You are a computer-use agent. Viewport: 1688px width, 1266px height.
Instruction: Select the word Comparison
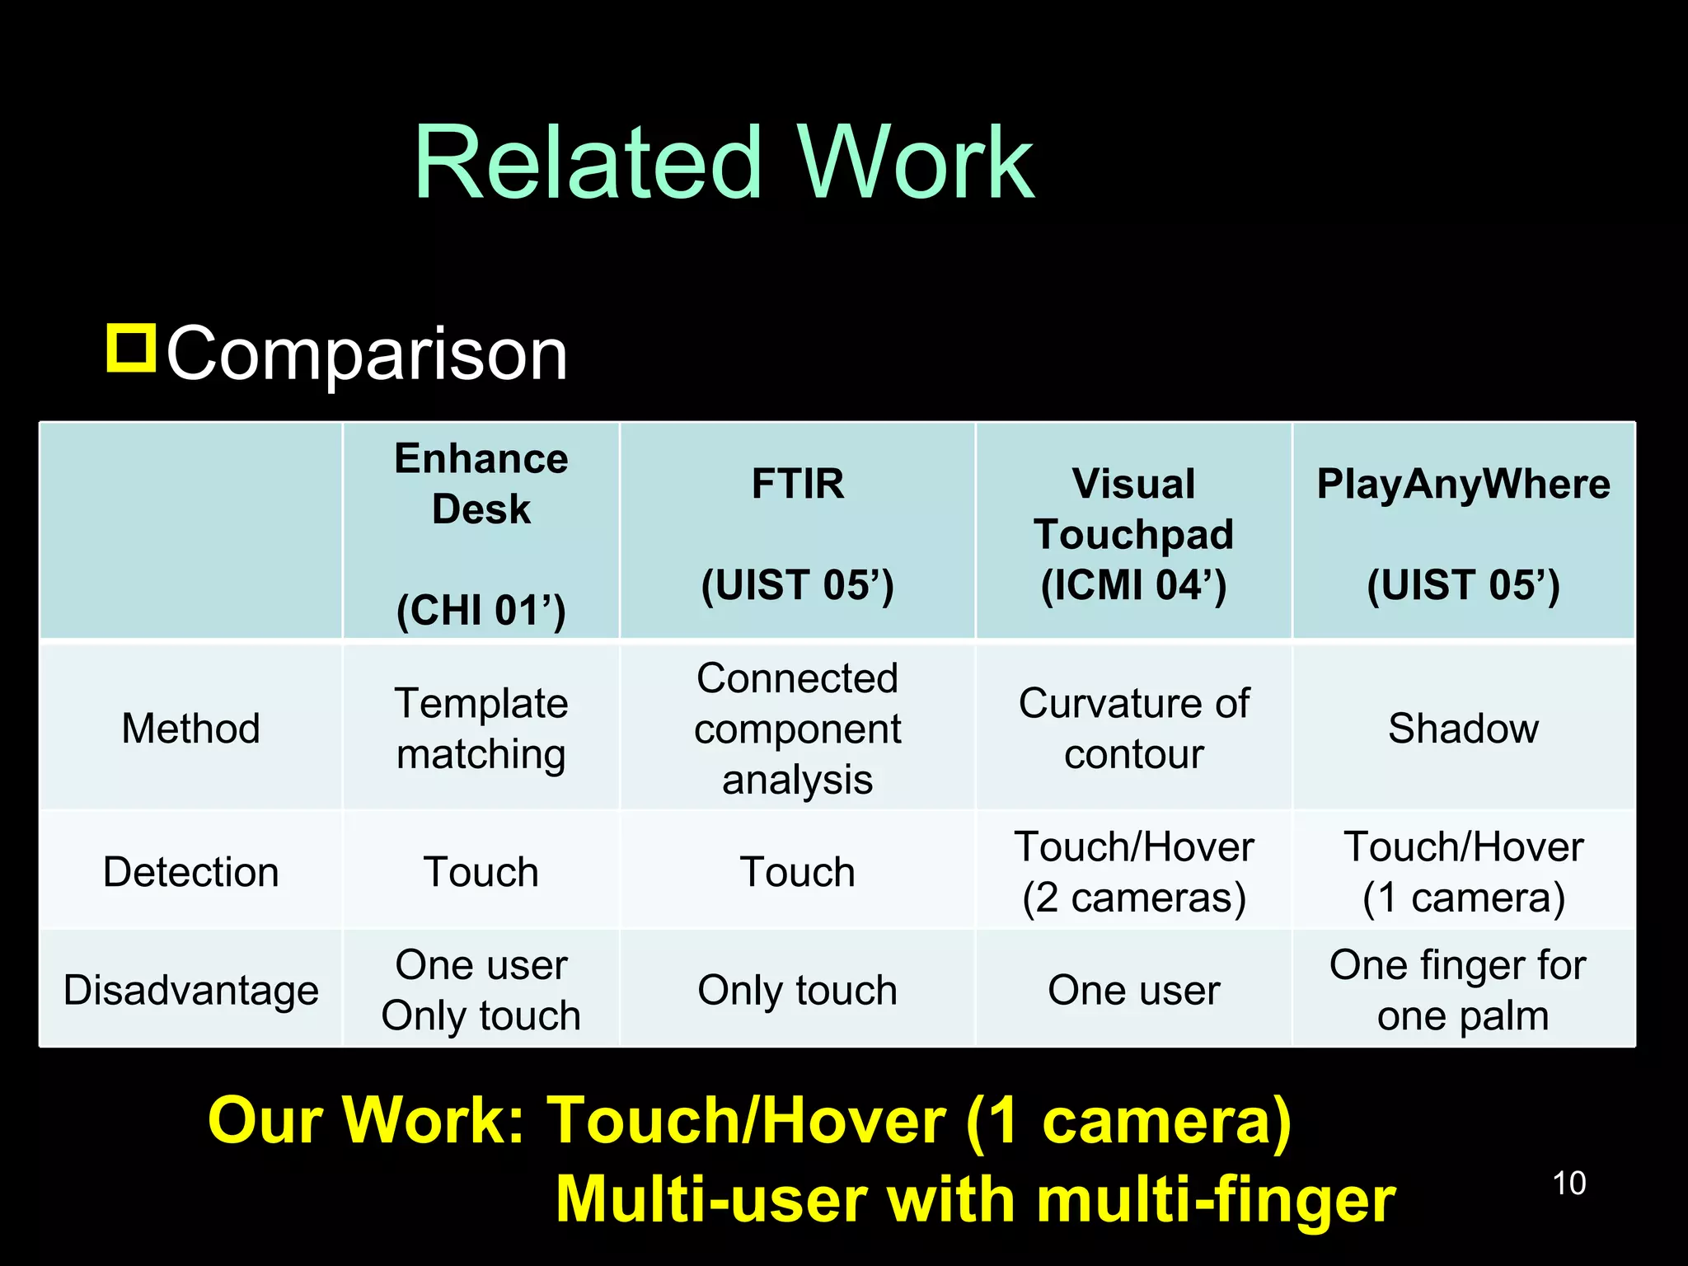[367, 354]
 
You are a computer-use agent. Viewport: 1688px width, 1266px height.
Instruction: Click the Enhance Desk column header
[481, 532]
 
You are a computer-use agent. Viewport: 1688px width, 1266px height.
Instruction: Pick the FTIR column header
[797, 532]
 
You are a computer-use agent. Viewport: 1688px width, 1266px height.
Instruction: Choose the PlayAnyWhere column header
[1463, 532]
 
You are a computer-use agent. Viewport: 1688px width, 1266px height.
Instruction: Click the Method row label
[190, 729]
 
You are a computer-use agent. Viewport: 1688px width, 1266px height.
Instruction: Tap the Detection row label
[190, 872]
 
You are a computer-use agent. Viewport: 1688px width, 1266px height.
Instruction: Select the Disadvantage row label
[190, 990]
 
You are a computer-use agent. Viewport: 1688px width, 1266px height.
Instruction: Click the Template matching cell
[481, 729]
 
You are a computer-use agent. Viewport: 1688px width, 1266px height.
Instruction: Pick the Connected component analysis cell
[797, 729]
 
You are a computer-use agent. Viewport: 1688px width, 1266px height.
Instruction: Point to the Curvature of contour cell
[1133, 729]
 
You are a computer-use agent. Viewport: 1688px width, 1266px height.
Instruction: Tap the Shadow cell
[1463, 729]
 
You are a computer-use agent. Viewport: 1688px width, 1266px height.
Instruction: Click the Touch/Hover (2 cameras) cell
[1133, 872]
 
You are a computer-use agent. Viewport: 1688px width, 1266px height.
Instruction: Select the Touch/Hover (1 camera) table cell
[1463, 872]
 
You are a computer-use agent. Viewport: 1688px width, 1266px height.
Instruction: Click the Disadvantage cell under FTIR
[797, 990]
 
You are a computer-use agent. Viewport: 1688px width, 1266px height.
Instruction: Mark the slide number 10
[1568, 1183]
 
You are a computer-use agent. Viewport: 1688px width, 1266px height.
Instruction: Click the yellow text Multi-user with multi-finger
[975, 1199]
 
